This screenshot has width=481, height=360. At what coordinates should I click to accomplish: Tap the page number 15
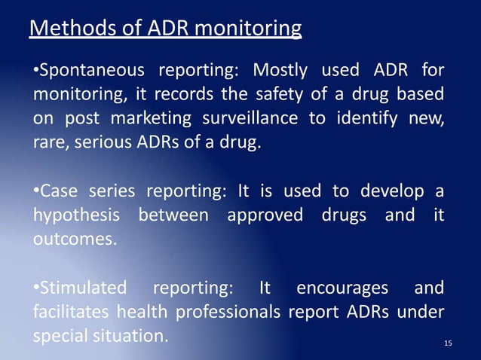click(449, 344)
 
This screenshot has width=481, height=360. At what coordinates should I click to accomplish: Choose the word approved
click(263, 215)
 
